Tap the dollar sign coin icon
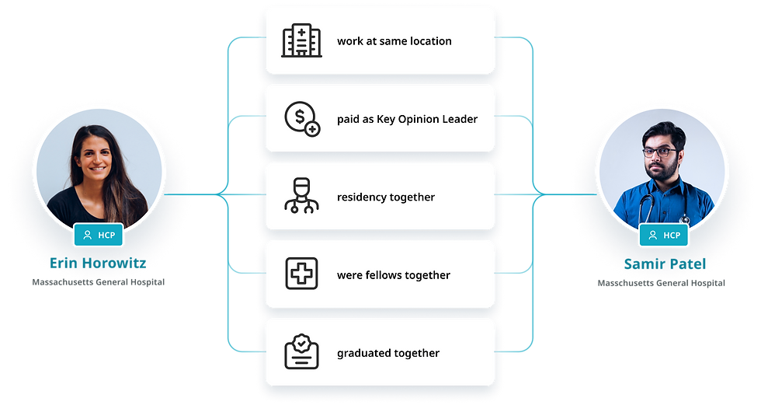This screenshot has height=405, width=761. point(301,119)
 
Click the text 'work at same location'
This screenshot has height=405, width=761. point(394,41)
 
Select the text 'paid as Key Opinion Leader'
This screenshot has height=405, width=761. point(407,119)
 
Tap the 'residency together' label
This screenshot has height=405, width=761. point(385,197)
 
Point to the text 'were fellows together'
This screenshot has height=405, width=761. point(393,275)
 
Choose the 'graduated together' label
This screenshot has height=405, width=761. point(387,353)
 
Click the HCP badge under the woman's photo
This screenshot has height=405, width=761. point(98,235)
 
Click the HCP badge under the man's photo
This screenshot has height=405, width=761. point(663,235)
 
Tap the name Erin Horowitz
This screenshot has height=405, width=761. point(98,264)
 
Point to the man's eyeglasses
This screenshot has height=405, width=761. point(659,153)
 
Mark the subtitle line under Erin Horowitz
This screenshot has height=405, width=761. point(98,283)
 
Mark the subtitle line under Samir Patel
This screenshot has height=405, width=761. point(662,284)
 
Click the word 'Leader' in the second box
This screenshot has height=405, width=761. point(460,119)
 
